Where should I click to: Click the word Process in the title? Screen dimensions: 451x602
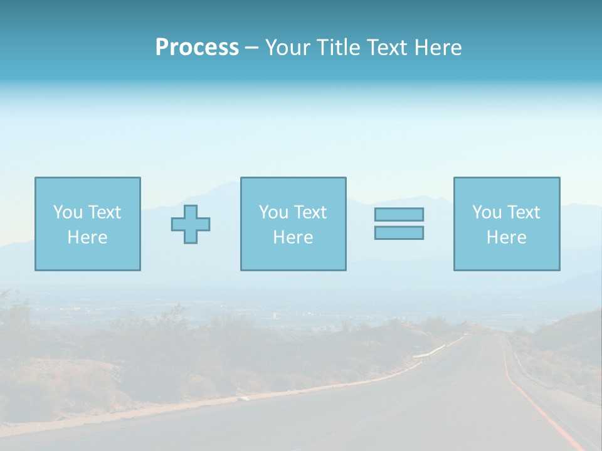[197, 47]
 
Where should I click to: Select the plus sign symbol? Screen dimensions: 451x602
[191, 224]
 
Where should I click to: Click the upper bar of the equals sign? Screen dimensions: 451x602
[399, 214]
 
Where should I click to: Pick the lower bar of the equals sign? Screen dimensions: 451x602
[399, 232]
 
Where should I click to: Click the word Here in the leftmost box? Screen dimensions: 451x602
[87, 237]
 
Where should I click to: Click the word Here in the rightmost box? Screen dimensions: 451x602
[506, 237]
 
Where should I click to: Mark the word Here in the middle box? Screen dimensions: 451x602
[293, 237]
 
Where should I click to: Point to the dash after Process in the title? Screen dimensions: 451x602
[251, 48]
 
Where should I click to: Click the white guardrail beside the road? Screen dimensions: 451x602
[430, 351]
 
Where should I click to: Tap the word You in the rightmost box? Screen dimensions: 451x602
[487, 212]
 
